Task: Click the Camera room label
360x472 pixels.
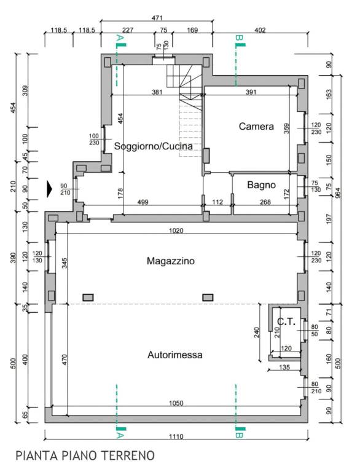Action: tap(256, 126)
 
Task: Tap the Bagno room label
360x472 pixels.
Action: tap(261, 184)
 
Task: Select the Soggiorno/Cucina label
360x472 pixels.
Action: tap(153, 146)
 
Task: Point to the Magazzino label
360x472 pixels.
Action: tap(171, 261)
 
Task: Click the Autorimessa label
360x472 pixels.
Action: tap(175, 355)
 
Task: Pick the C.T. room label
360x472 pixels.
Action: tap(286, 322)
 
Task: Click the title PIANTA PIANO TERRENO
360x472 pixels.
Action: tap(85, 456)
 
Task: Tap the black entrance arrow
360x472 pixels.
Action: tap(50, 189)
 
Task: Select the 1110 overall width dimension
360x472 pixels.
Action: tap(176, 436)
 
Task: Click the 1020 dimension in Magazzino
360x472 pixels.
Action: tap(176, 230)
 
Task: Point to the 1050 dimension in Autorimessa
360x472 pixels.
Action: tap(176, 403)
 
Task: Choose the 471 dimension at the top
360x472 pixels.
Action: tap(157, 18)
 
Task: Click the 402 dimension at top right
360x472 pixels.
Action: tap(260, 30)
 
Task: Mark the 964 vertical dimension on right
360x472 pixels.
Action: tap(338, 193)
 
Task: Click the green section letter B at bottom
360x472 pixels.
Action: tap(239, 435)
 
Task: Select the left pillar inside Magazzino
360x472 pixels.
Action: tap(88, 297)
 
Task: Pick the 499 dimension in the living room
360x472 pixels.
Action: tap(143, 202)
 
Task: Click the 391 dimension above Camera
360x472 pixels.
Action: tap(251, 92)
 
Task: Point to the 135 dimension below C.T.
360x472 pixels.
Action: tap(284, 367)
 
